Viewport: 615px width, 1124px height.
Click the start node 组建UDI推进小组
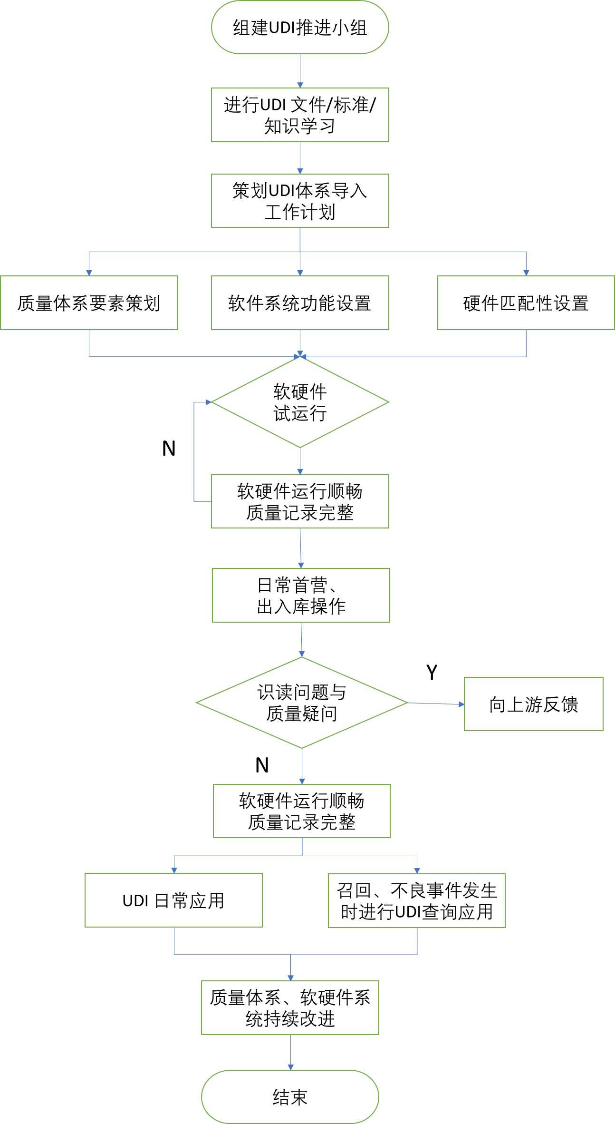(300, 28)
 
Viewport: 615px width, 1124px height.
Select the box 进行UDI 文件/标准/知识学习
(300, 115)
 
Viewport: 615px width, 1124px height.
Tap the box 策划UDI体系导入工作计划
(300, 201)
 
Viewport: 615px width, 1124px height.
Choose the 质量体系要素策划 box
(89, 303)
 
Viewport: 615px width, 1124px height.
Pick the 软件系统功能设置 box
(300, 303)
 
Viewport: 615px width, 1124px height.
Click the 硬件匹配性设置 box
(526, 303)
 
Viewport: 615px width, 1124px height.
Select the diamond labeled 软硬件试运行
(300, 402)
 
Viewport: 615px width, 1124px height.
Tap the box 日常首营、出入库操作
(301, 595)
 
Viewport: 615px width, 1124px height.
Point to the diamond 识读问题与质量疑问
(302, 703)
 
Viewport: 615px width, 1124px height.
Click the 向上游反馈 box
(533, 704)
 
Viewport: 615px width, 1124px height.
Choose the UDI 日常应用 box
(173, 900)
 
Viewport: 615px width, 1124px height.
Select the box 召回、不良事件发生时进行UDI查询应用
(417, 900)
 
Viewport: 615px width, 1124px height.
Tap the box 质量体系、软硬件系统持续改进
(290, 1007)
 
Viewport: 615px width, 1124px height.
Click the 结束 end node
(290, 1097)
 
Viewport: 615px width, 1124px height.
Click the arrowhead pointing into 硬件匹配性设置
(526, 273)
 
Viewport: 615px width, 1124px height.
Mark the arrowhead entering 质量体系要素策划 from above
(89, 273)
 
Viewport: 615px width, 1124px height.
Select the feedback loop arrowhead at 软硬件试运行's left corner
(209, 402)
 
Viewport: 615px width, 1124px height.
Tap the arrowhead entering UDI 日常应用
(174, 870)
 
